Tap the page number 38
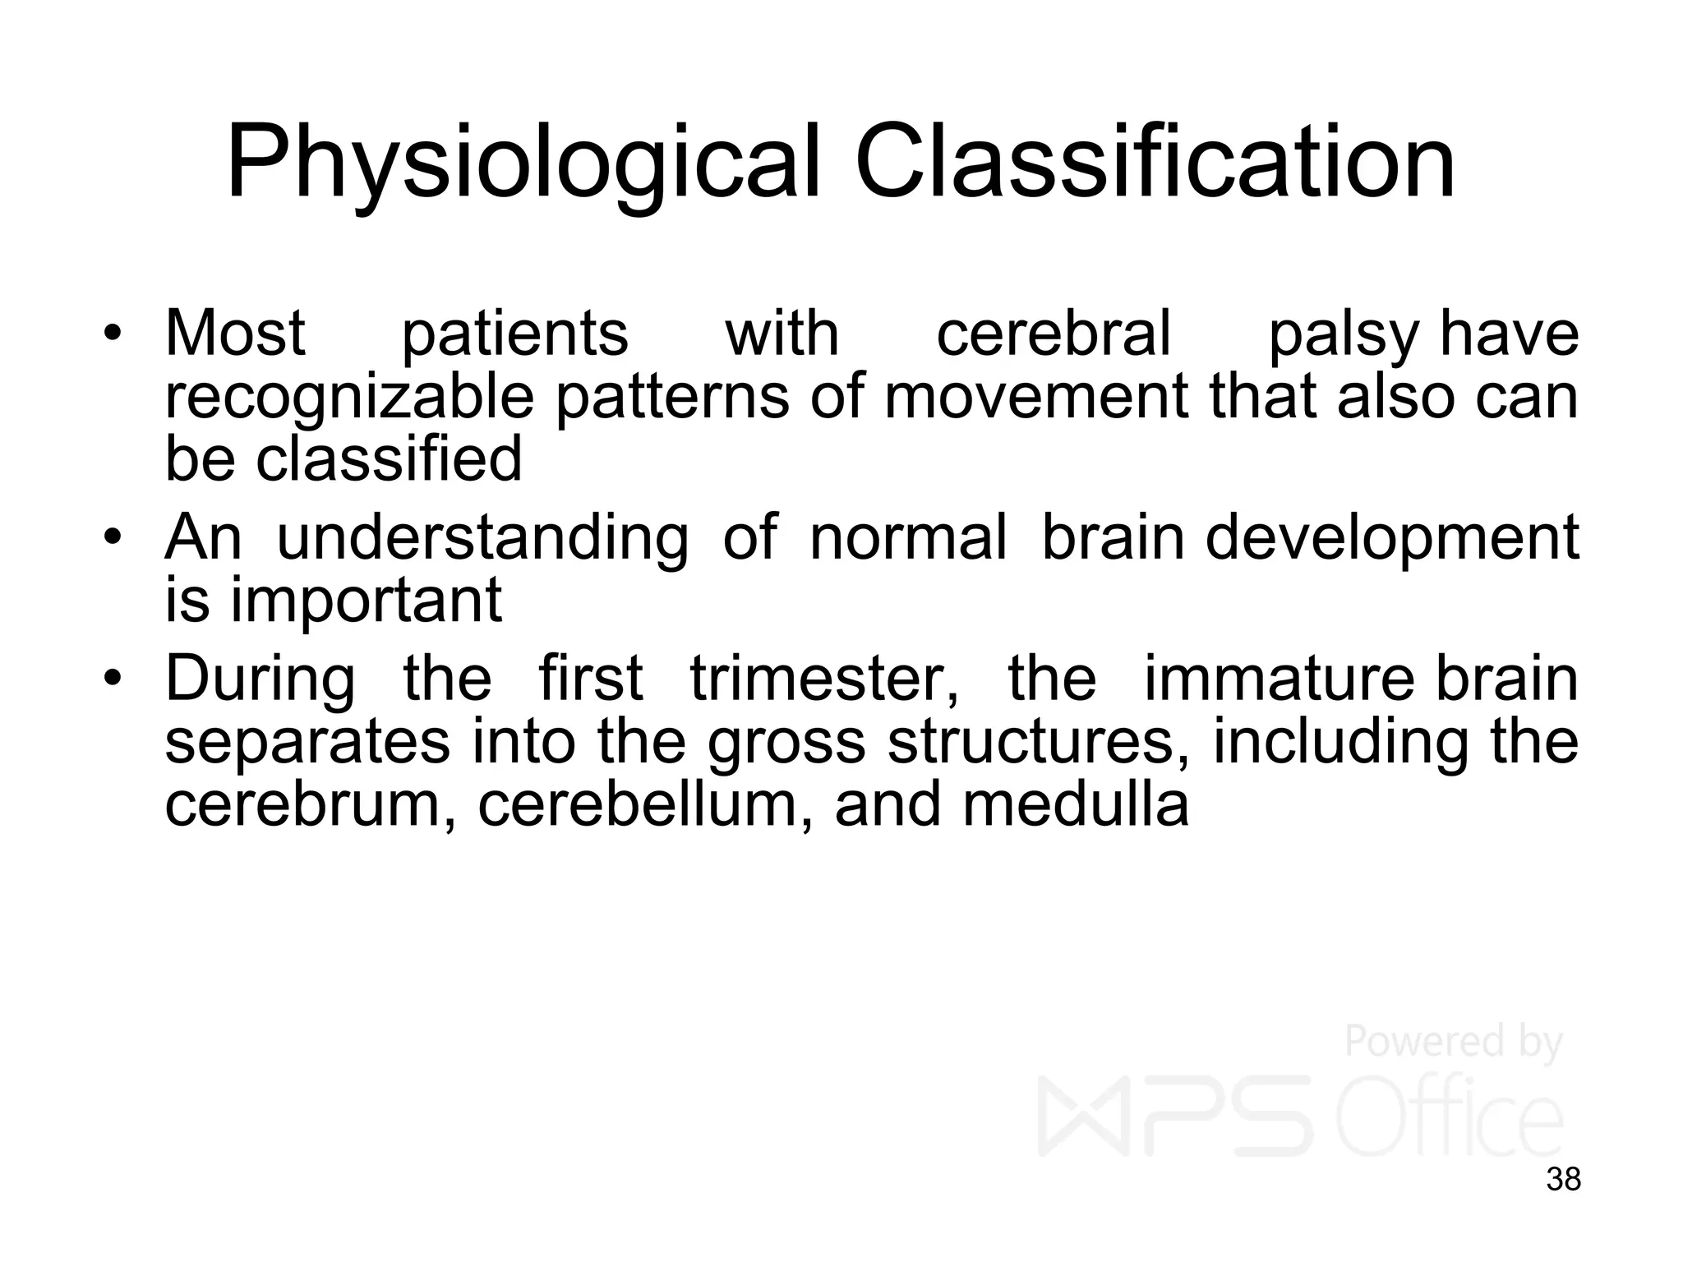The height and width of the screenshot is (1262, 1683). (x=1563, y=1179)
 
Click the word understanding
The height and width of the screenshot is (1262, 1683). (x=482, y=540)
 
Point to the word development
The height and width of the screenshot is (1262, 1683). (x=1391, y=540)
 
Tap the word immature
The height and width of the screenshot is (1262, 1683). (x=1279, y=679)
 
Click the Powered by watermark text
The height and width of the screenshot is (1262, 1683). (x=1452, y=1042)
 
